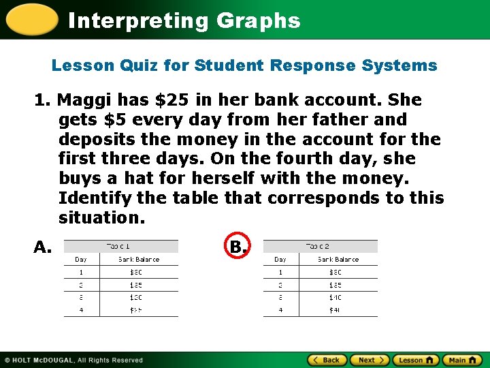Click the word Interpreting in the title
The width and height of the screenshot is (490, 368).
(x=140, y=20)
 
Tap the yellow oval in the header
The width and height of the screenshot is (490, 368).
(x=31, y=19)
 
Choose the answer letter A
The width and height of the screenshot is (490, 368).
(x=43, y=247)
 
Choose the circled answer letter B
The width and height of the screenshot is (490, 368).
(x=237, y=246)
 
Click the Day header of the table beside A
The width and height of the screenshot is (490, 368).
(x=81, y=260)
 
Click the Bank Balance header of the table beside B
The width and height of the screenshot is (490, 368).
(x=339, y=260)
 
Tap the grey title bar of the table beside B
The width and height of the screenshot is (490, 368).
(x=321, y=246)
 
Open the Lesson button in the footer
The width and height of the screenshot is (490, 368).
(x=416, y=360)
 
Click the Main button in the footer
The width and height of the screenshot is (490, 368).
(x=462, y=360)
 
